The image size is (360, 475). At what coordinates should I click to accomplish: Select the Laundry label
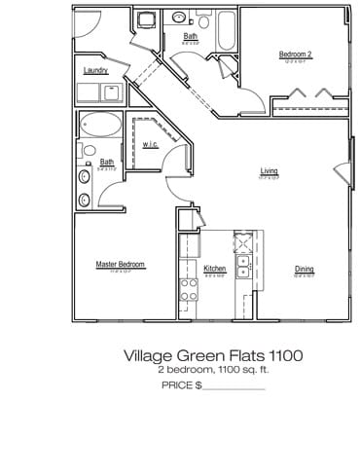[x=95, y=71]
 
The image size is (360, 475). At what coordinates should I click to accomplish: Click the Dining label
[x=305, y=269]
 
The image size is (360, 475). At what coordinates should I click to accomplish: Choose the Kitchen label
[x=215, y=269]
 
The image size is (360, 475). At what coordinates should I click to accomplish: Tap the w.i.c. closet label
[x=150, y=144]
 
